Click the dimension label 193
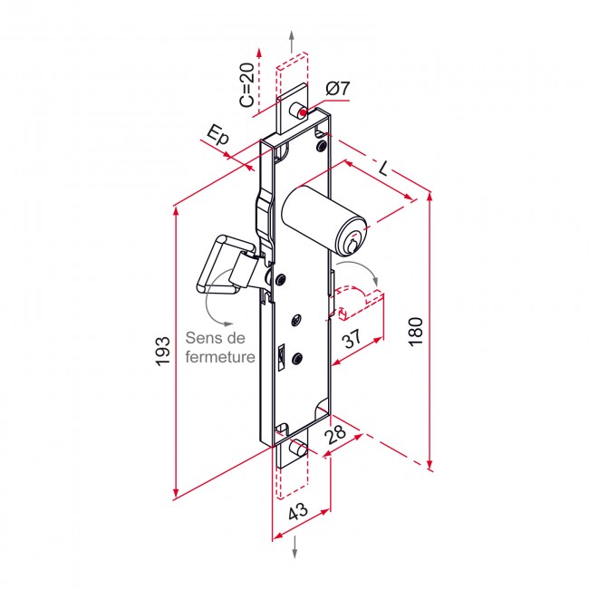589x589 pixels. point(162,351)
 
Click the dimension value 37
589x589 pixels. point(352,342)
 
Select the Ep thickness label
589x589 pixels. point(217,138)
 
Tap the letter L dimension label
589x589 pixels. point(384,169)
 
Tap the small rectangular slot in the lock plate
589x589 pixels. point(281,353)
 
